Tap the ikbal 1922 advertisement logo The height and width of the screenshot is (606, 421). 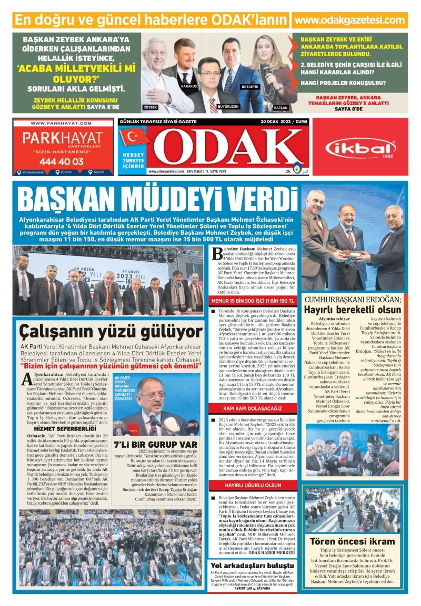coord(360,149)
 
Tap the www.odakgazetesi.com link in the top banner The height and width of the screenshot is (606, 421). coord(349,20)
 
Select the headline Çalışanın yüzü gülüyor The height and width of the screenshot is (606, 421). coord(111,332)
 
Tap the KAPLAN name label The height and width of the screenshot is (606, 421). coord(280,107)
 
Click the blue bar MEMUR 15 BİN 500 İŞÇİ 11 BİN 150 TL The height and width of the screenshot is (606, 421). coord(253,301)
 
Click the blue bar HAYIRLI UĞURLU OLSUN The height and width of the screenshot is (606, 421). coord(253,485)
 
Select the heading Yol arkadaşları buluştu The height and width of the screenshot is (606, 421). coord(251,565)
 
